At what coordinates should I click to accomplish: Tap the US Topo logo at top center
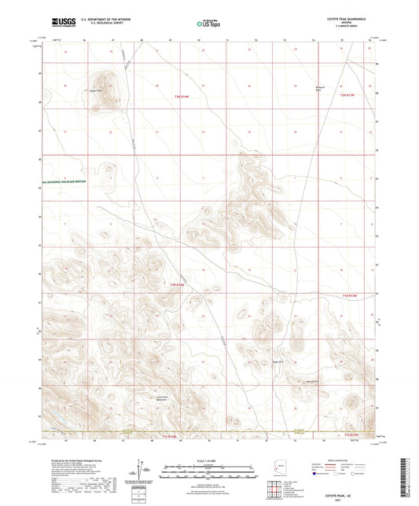(208, 24)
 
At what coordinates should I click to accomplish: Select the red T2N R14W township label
(182, 95)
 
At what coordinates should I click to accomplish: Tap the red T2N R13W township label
(348, 95)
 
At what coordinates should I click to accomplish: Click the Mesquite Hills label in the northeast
(320, 87)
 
